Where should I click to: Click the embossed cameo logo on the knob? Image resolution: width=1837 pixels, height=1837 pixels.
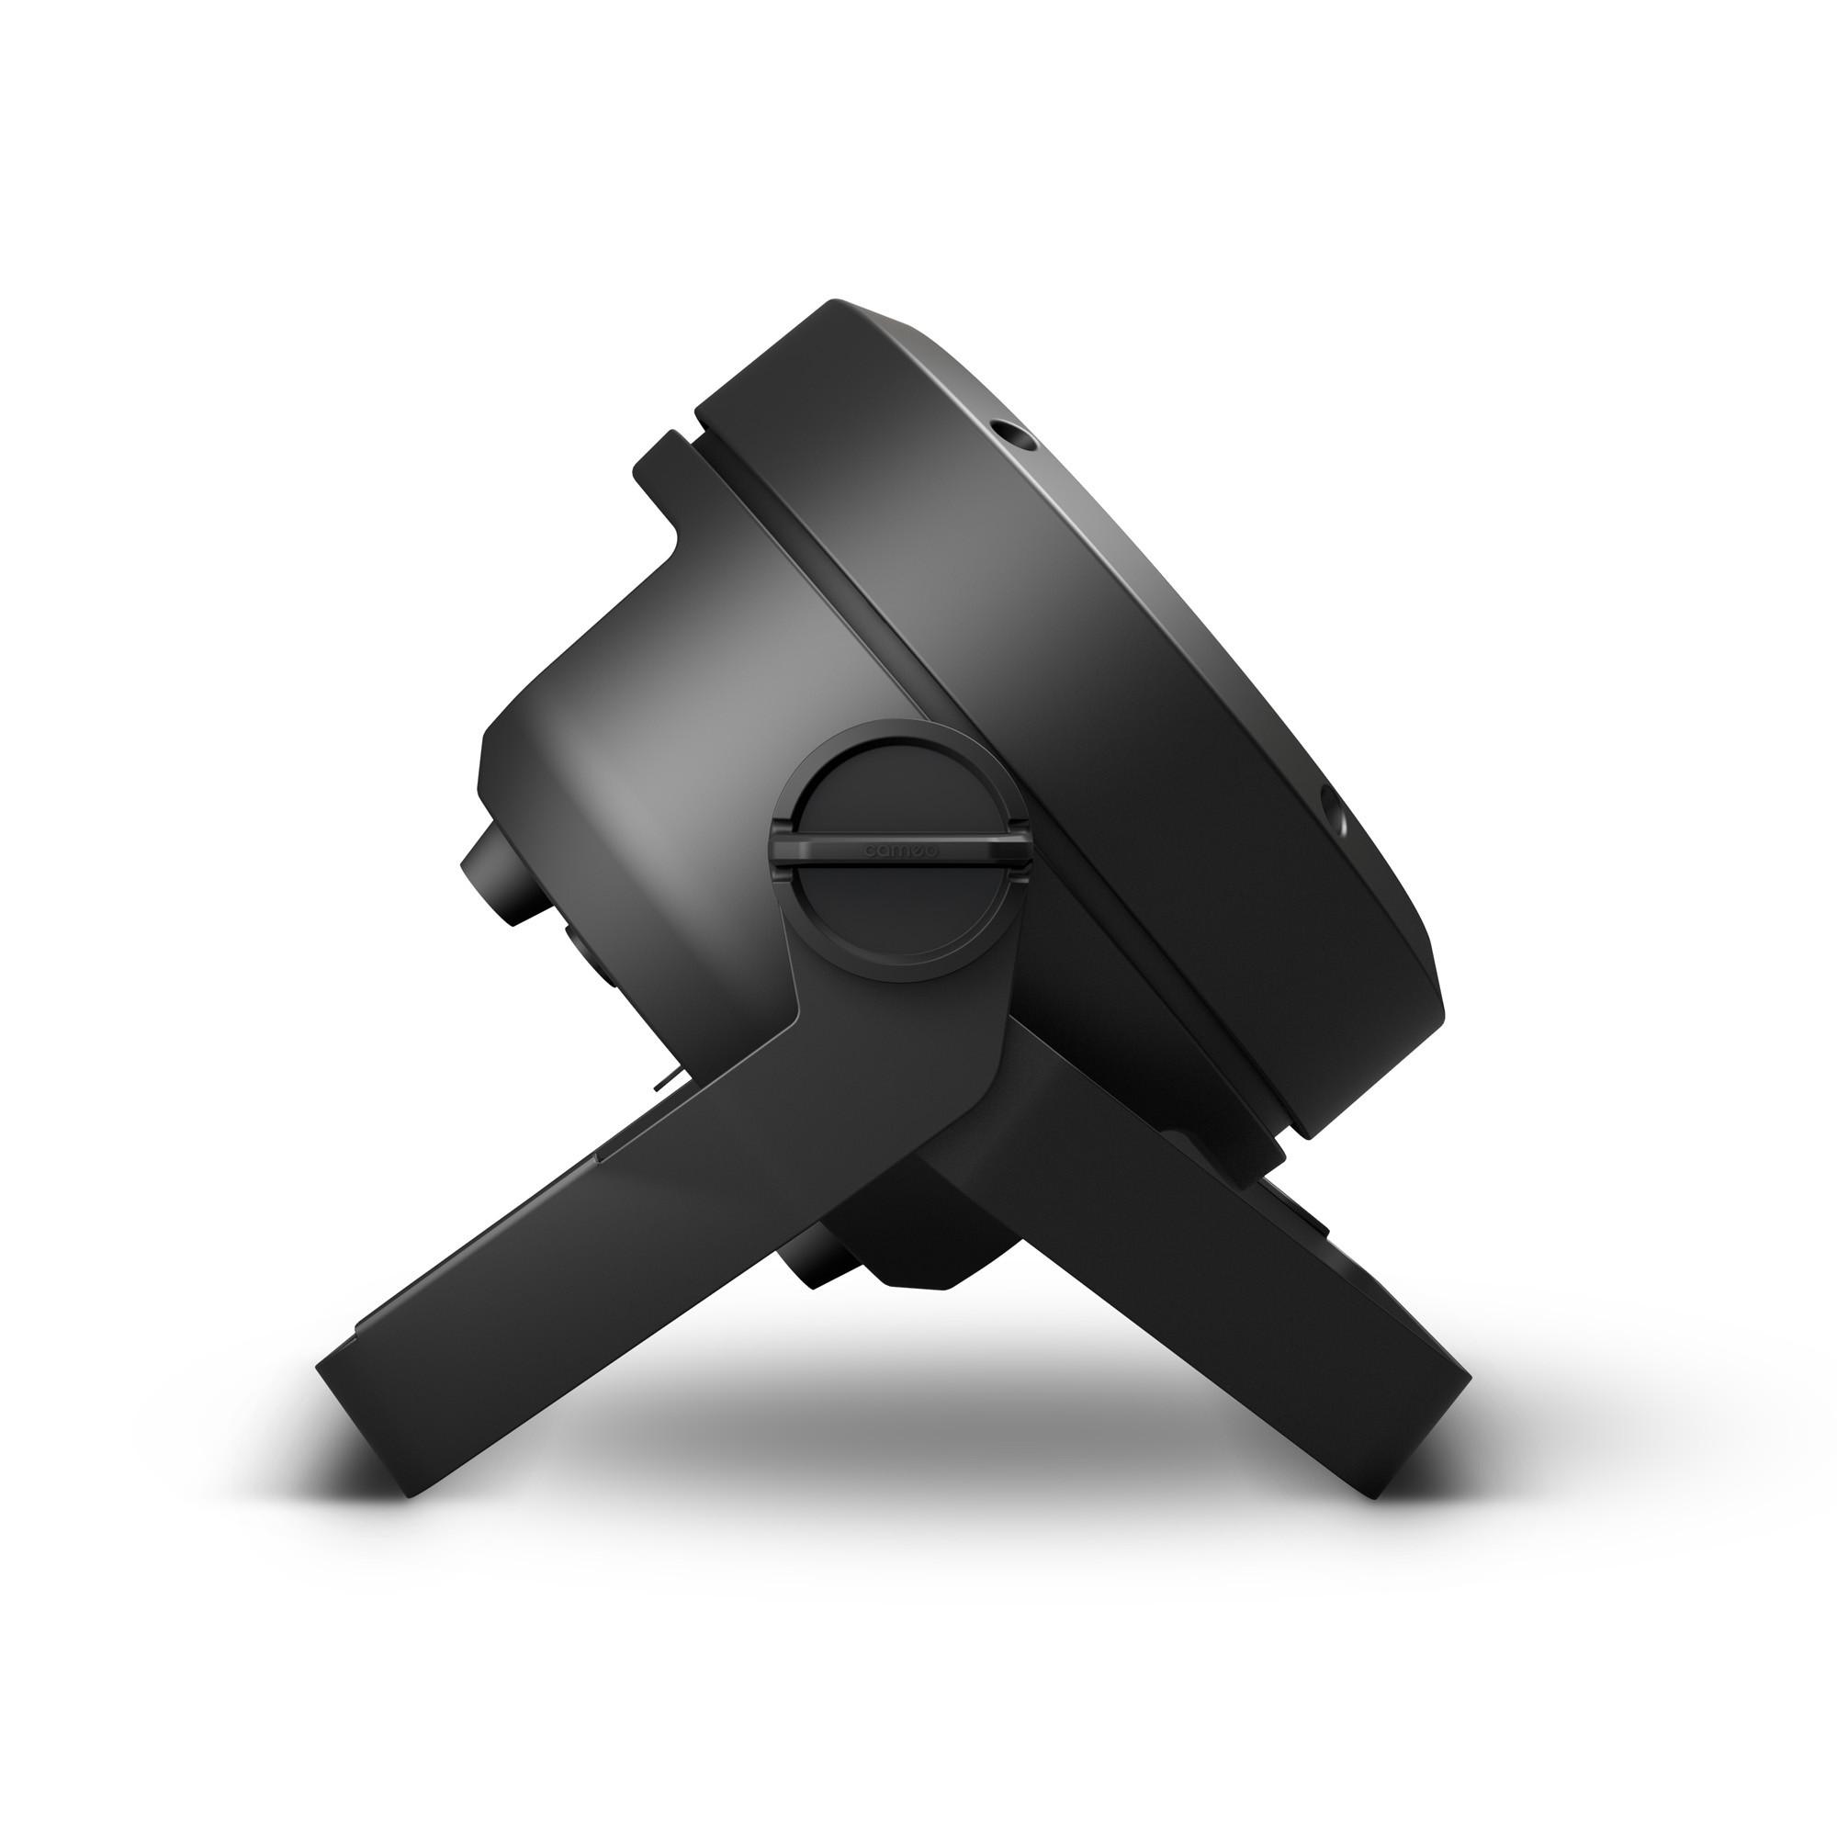(899, 852)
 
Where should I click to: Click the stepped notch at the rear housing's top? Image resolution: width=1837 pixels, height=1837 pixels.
(666, 456)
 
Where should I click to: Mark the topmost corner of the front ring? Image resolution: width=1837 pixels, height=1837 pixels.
(837, 306)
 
